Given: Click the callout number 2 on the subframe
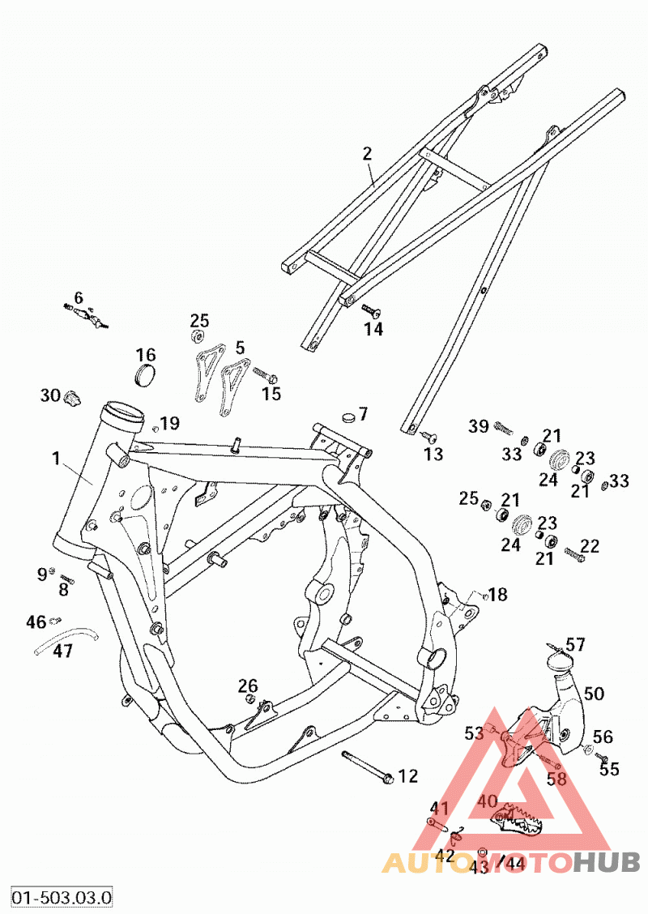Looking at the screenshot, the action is pos(367,154).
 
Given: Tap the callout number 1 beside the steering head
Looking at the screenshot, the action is pos(56,459).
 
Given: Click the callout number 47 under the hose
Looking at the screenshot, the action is pos(62,650).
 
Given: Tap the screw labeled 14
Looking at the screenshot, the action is pos(370,310).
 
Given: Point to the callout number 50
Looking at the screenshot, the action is pos(594,693).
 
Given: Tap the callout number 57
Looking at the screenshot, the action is pos(575,644).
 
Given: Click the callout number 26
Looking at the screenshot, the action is pos(248,685).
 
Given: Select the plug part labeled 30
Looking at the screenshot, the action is pos(72,398).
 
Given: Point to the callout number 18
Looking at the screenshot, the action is pos(497,595).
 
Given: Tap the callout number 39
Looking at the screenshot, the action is pos(479,426).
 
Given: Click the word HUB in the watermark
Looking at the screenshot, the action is pos(606,862).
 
